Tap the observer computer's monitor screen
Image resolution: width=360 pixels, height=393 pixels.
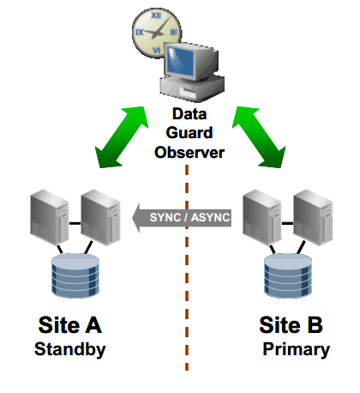(192, 62)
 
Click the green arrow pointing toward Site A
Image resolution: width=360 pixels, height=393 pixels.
(122, 135)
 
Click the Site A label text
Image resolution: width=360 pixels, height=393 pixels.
(69, 326)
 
